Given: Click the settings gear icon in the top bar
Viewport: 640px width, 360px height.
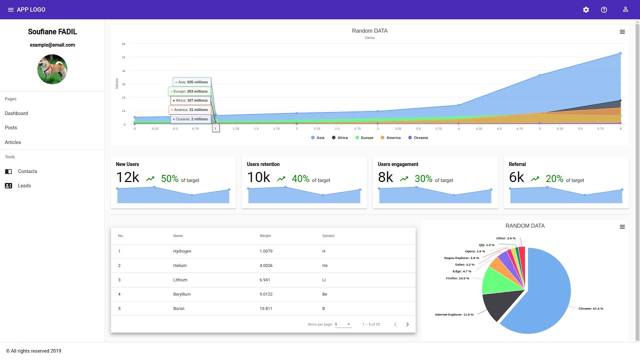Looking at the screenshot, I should pyautogui.click(x=586, y=10).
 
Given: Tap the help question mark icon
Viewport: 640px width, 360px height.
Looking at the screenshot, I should pyautogui.click(x=604, y=10).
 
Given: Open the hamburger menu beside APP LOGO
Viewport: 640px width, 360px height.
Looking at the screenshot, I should pyautogui.click(x=10, y=10).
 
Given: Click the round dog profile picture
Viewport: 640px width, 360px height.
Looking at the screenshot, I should pyautogui.click(x=52, y=69).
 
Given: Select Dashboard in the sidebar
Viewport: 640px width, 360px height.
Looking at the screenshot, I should pyautogui.click(x=16, y=113).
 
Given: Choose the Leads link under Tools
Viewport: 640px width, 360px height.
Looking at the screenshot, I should pyautogui.click(x=24, y=185).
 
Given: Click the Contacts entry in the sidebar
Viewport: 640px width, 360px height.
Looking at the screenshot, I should pyautogui.click(x=27, y=171).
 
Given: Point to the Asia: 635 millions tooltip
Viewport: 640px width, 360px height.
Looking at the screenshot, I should pyautogui.click(x=192, y=82).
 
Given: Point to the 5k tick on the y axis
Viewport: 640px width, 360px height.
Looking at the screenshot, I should pyautogui.click(x=123, y=57).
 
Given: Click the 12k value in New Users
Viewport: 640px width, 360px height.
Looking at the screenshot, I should pyautogui.click(x=127, y=177).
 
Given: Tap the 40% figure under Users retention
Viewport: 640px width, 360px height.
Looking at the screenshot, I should pyautogui.click(x=300, y=178).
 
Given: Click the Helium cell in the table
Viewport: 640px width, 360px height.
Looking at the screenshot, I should pyautogui.click(x=180, y=265).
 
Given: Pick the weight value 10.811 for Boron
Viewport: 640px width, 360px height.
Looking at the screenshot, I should pyautogui.click(x=266, y=308).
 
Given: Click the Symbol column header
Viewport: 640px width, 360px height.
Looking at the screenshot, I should pyautogui.click(x=328, y=236).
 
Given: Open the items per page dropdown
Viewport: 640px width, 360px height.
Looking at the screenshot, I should pyautogui.click(x=343, y=324).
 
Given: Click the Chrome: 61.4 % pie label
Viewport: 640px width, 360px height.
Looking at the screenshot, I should pyautogui.click(x=590, y=308).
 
